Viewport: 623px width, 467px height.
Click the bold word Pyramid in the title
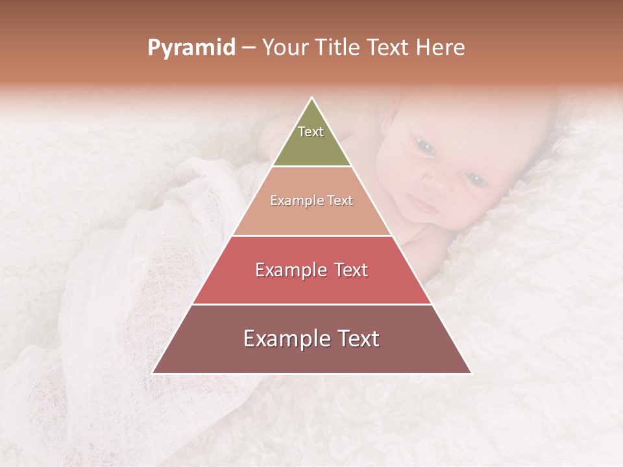click(x=191, y=48)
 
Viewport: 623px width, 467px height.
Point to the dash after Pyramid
click(x=248, y=48)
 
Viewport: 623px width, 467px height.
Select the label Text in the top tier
click(x=311, y=132)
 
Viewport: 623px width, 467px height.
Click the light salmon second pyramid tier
click(x=311, y=217)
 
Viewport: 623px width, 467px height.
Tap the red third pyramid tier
click(x=311, y=285)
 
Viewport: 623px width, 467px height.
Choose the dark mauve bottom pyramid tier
click(x=311, y=357)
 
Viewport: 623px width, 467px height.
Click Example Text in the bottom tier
click(x=311, y=339)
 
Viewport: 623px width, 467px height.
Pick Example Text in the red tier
click(x=311, y=270)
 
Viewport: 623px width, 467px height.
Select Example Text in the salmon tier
click(x=311, y=200)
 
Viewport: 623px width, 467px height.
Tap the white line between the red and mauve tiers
click(x=311, y=304)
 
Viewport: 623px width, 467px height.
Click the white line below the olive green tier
click(x=311, y=166)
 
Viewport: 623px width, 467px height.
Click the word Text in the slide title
click(x=390, y=48)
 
